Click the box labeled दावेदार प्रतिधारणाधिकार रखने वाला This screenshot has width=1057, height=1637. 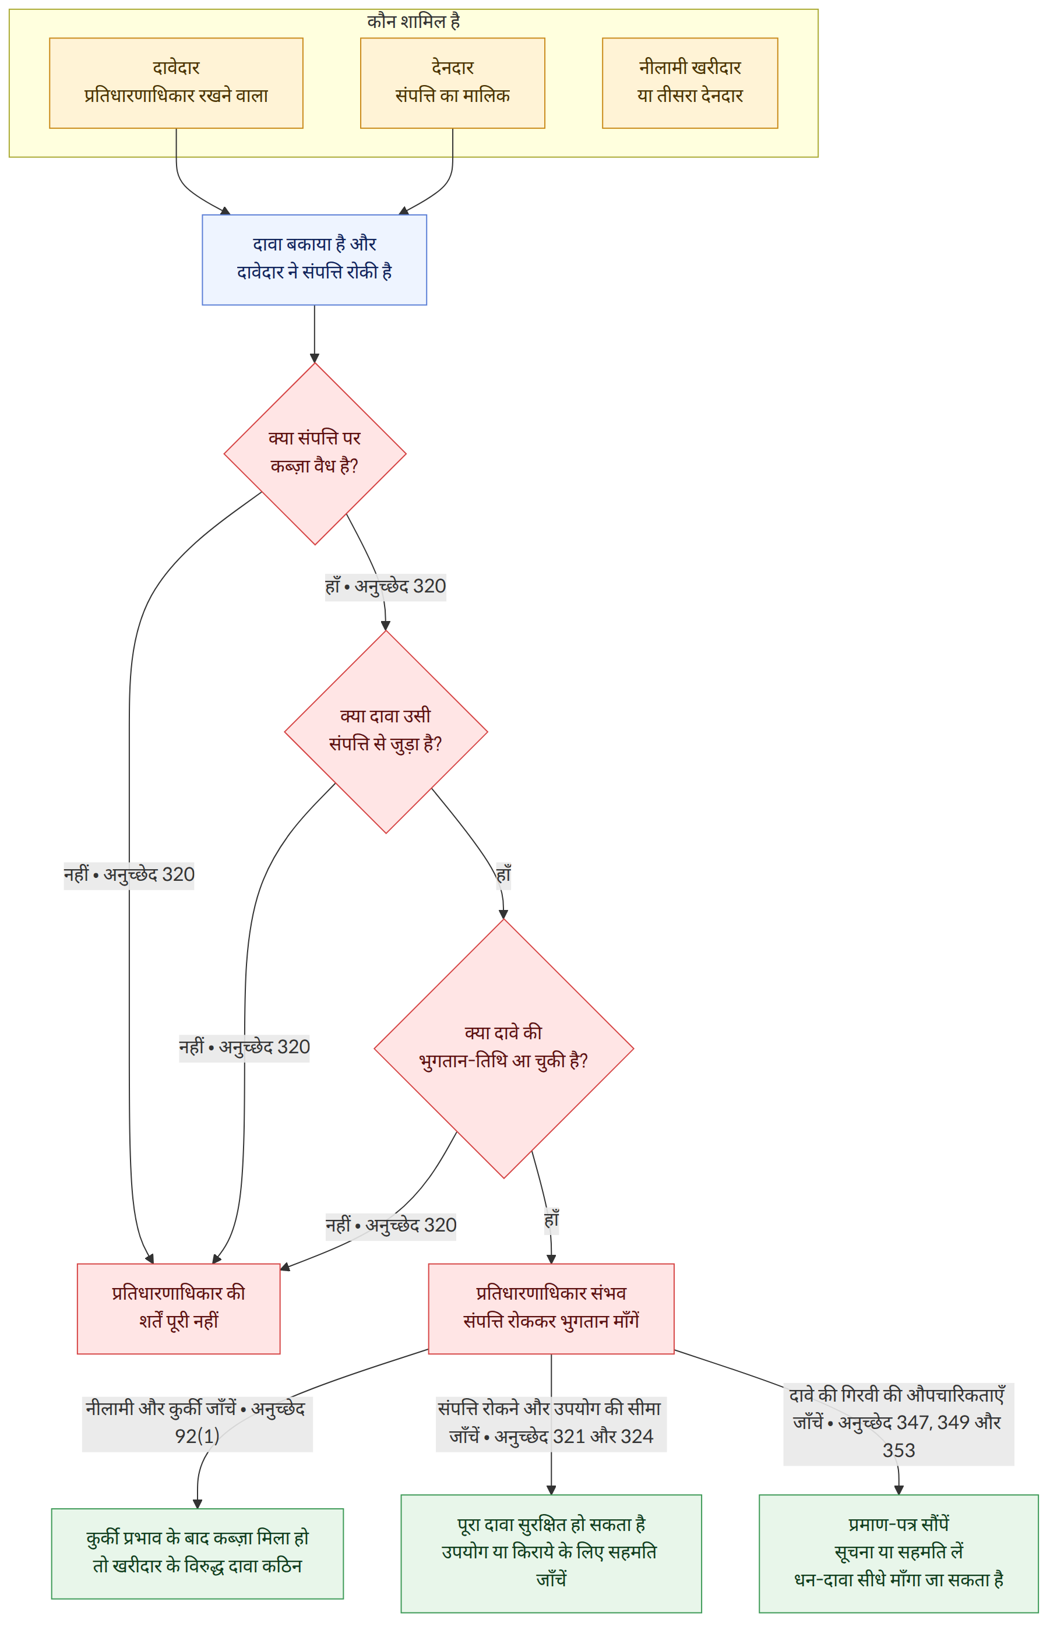click(x=176, y=83)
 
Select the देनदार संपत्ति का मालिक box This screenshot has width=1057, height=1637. click(x=452, y=83)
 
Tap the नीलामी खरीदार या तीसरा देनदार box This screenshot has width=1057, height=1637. click(x=690, y=83)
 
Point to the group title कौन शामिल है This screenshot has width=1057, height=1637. click(x=413, y=22)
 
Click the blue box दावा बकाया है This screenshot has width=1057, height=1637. click(x=314, y=260)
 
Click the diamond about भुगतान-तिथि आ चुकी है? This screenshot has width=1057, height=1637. click(x=504, y=1049)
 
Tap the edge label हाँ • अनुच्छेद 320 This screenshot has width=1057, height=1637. click(x=386, y=587)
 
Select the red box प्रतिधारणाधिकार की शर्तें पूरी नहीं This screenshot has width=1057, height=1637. click(x=178, y=1308)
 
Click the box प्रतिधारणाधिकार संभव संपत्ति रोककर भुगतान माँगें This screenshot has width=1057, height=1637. click(x=551, y=1308)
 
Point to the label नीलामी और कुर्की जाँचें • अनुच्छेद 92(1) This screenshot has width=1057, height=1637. click(x=197, y=1424)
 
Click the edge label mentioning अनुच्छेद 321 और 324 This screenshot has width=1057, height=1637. click(x=551, y=1424)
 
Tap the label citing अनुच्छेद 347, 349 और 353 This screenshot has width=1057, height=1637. click(x=899, y=1424)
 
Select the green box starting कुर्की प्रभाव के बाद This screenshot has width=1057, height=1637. click(x=197, y=1553)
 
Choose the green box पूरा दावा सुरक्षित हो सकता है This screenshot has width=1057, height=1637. click(x=551, y=1553)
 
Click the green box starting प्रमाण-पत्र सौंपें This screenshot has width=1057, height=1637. click(x=899, y=1553)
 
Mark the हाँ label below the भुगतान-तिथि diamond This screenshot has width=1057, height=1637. click(x=551, y=1220)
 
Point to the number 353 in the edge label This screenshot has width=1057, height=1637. click(x=899, y=1451)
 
